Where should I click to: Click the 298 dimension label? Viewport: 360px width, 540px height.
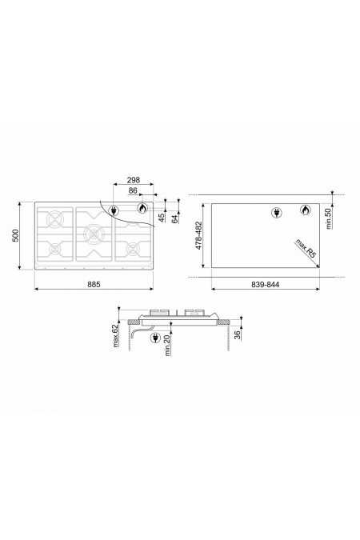click(134, 180)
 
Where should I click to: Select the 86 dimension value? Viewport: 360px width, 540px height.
click(133, 190)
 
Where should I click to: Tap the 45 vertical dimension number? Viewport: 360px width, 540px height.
click(161, 218)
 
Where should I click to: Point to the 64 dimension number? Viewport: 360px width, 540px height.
click(175, 218)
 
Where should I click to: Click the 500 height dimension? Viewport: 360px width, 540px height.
click(16, 235)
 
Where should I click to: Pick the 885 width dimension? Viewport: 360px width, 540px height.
click(94, 285)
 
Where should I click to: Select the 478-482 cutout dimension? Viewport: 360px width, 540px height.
click(198, 235)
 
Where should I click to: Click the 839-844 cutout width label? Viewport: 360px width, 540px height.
click(266, 285)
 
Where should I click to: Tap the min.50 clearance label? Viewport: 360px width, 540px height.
click(328, 218)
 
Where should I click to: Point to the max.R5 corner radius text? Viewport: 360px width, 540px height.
click(306, 250)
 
